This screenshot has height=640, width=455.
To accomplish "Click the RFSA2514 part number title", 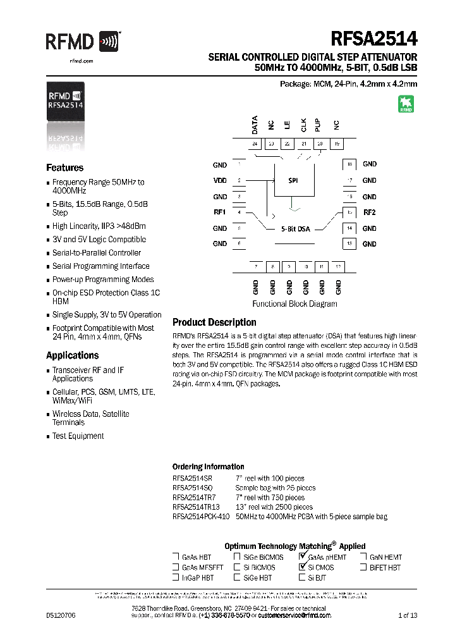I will (x=373, y=39).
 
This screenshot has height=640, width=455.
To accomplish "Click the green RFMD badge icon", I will (x=405, y=104).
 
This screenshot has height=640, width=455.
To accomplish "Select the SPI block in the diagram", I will (x=293, y=180).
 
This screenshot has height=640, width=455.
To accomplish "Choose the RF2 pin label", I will (x=370, y=212).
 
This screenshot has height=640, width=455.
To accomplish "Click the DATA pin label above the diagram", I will (x=255, y=125).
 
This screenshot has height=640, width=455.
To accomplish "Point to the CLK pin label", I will (x=304, y=125).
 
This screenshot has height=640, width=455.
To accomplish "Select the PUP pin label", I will (x=320, y=125).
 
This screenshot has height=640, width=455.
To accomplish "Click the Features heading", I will (x=64, y=168).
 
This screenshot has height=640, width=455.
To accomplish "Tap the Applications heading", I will (x=72, y=355).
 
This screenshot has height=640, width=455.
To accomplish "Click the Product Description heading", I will (x=214, y=322).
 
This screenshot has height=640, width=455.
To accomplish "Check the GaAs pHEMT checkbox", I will (x=303, y=557).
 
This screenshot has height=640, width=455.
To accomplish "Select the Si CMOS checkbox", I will (x=303, y=568).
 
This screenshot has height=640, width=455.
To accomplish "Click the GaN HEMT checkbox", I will (x=364, y=557).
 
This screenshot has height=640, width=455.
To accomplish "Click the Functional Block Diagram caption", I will (x=294, y=304).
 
